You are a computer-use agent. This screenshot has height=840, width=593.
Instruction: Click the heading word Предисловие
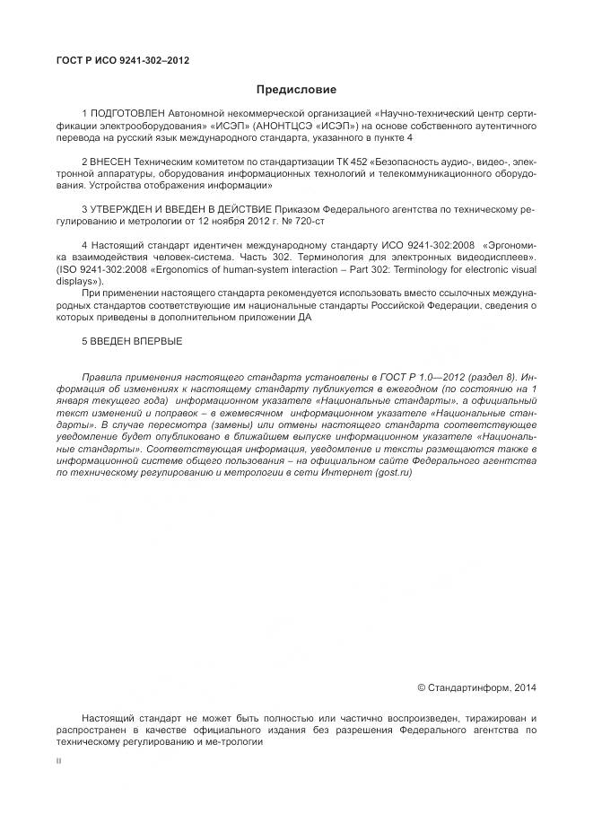(296, 90)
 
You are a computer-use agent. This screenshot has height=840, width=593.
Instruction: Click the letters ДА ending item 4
(308, 316)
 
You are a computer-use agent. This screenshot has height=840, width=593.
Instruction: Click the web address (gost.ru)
(395, 472)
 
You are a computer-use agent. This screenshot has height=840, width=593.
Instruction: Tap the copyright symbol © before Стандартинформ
(421, 687)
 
